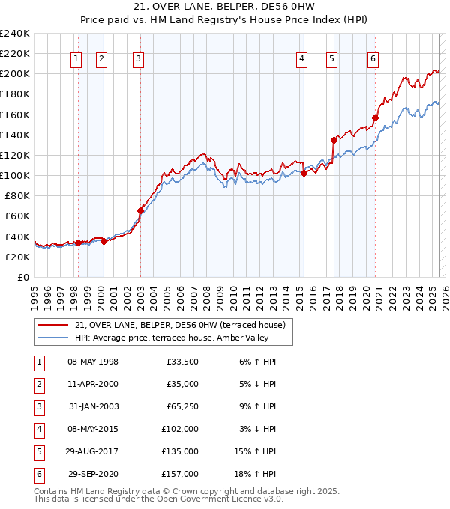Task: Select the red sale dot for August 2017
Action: click(334, 140)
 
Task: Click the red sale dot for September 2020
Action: click(375, 118)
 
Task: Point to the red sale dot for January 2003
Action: click(140, 210)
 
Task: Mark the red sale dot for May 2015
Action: click(304, 173)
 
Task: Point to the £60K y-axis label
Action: click(16, 216)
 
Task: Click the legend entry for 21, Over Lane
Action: click(180, 325)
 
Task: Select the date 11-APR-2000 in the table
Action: click(92, 384)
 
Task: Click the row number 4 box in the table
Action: click(37, 429)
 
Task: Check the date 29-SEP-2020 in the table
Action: click(93, 474)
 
